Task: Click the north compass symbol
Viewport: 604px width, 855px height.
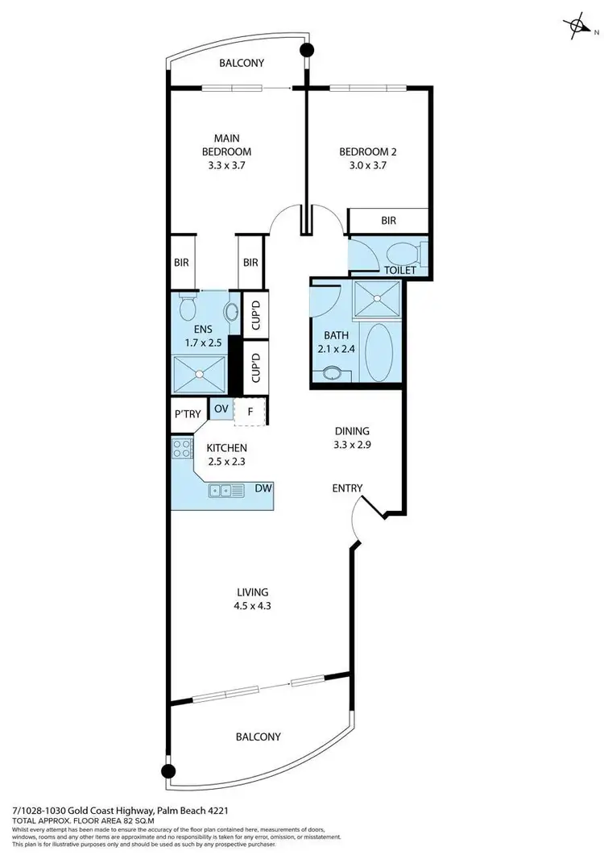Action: (577, 26)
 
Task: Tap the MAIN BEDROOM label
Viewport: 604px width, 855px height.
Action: (226, 144)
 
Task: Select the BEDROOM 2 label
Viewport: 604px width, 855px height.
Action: (367, 151)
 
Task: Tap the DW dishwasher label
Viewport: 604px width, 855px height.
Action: (262, 488)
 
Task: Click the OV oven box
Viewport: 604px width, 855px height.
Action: (220, 409)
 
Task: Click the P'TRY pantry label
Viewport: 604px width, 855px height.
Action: (188, 413)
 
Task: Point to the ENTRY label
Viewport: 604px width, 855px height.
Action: (348, 488)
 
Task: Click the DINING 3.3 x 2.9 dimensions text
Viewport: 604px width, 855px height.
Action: (353, 444)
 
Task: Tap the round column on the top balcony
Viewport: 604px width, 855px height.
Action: (306, 51)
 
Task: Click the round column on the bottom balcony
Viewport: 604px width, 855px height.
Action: (168, 771)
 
